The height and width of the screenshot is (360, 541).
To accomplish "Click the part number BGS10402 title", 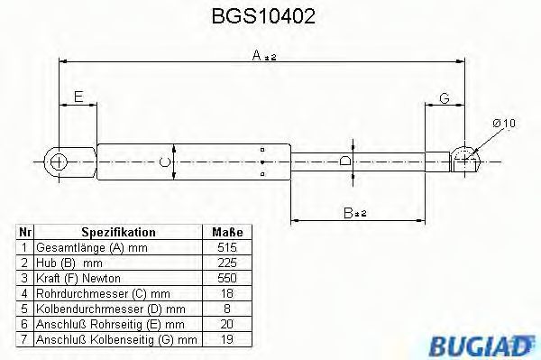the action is (x=263, y=16).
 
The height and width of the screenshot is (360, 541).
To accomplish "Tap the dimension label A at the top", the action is (x=257, y=55).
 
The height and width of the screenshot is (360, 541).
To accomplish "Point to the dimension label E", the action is (x=78, y=97).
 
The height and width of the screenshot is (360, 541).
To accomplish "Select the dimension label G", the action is (x=445, y=98).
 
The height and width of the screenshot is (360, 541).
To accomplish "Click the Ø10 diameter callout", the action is (x=504, y=124).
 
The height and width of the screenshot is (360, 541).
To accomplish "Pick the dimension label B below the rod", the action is (x=348, y=213).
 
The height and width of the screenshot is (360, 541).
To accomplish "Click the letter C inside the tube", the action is (x=165, y=162).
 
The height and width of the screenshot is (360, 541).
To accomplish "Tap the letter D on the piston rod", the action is (x=345, y=161).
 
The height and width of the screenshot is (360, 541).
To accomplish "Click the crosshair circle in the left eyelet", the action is (x=58, y=162).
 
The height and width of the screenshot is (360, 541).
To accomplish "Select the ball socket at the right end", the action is (x=465, y=160).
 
